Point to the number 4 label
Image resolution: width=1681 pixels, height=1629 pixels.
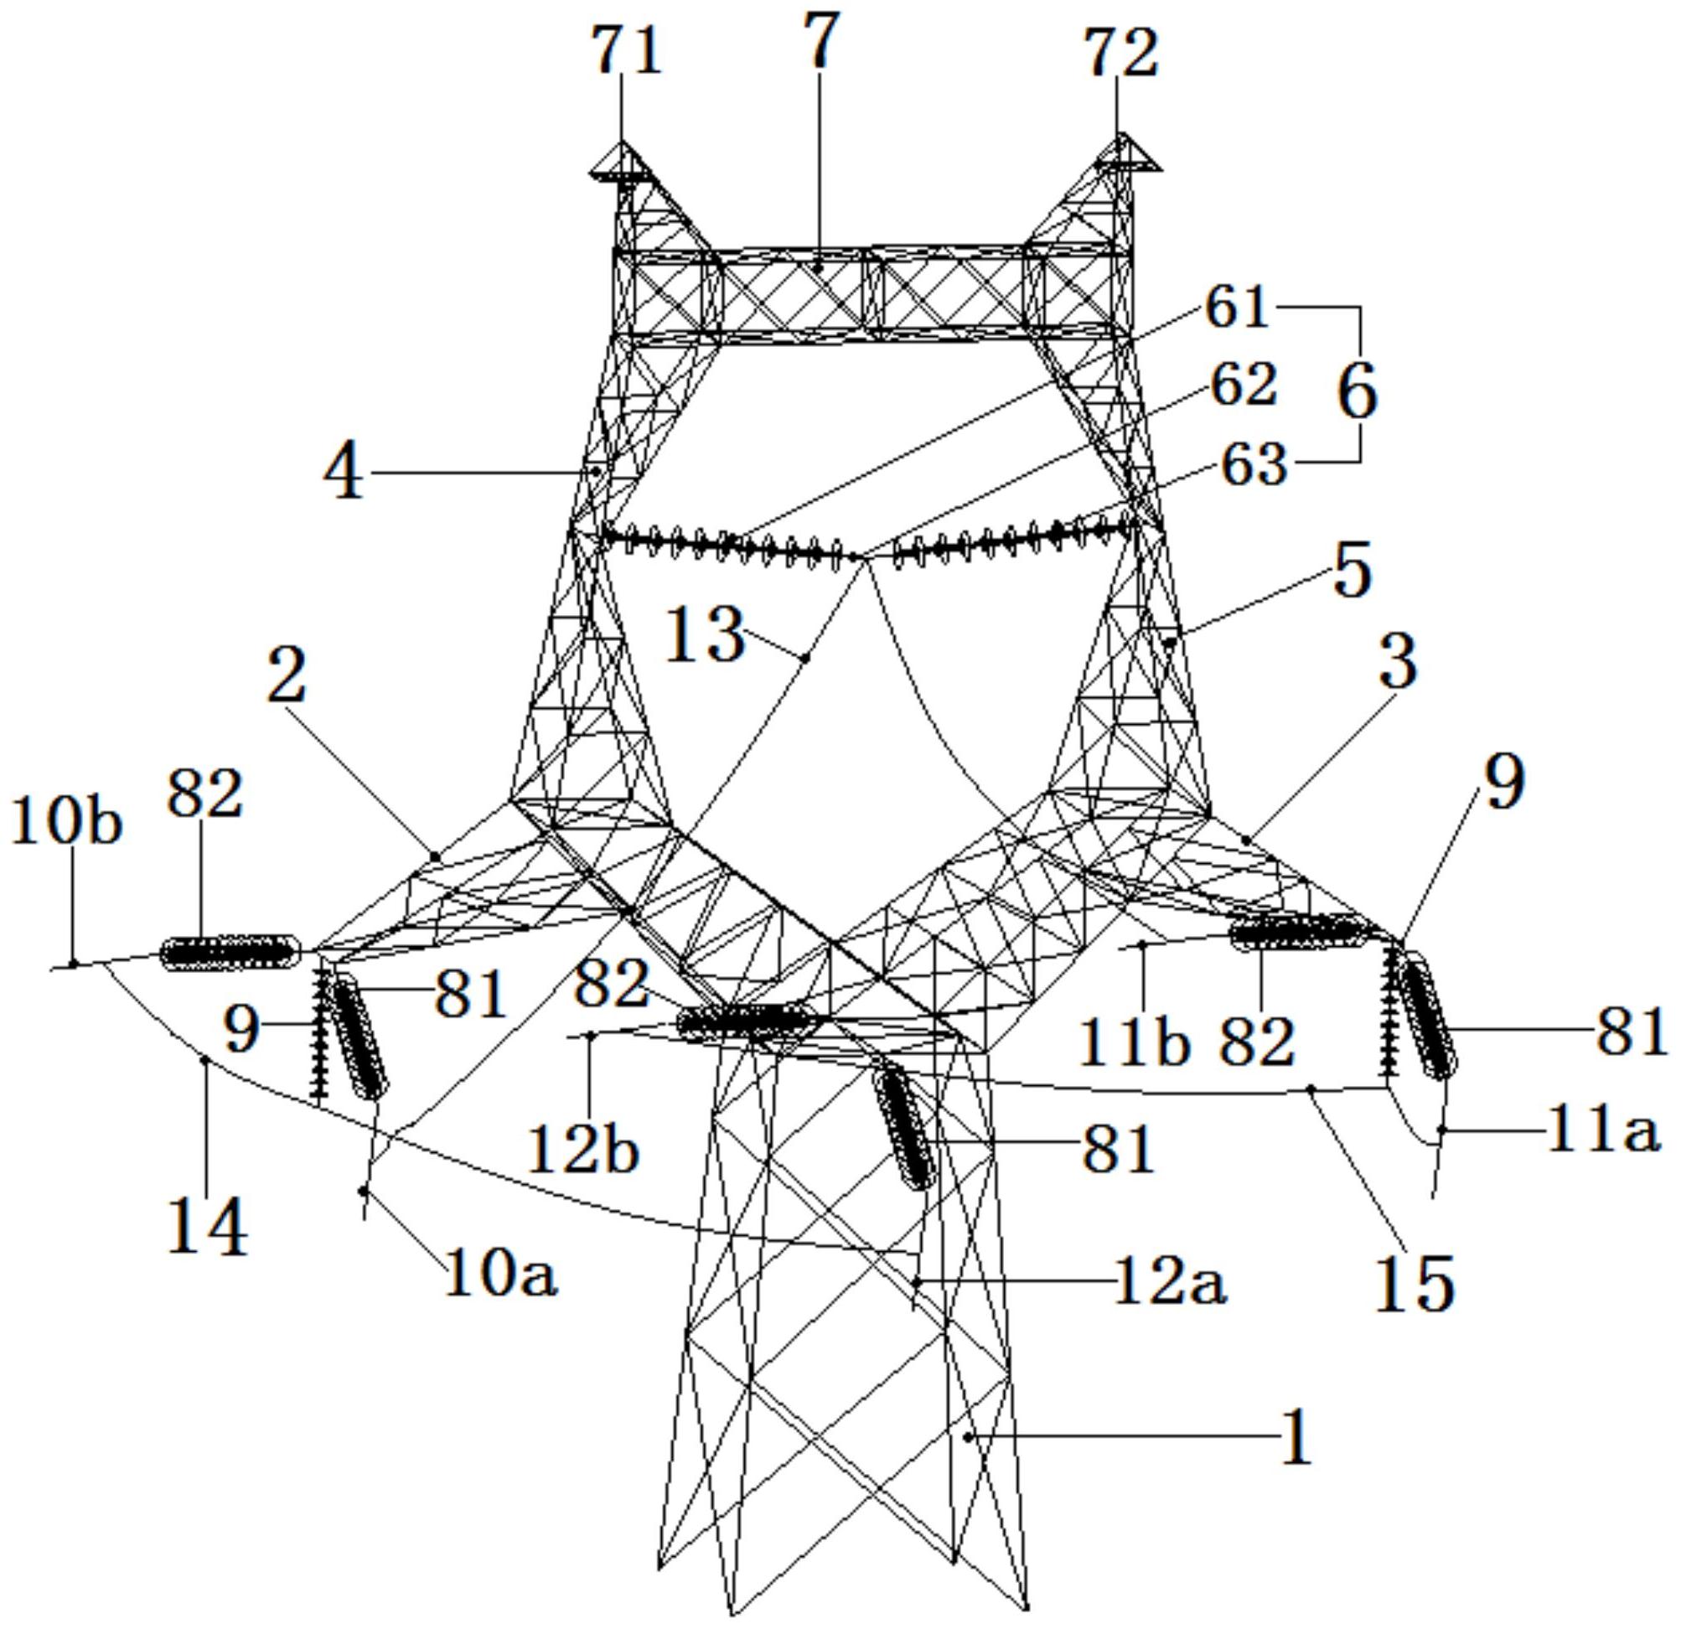tap(344, 473)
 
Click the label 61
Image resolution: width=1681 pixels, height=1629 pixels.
tap(1239, 306)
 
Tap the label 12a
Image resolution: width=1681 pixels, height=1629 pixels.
tap(1171, 1282)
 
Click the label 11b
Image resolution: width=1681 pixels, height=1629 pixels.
tap(1135, 1042)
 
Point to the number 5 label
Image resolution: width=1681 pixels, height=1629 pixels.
tap(1353, 572)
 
